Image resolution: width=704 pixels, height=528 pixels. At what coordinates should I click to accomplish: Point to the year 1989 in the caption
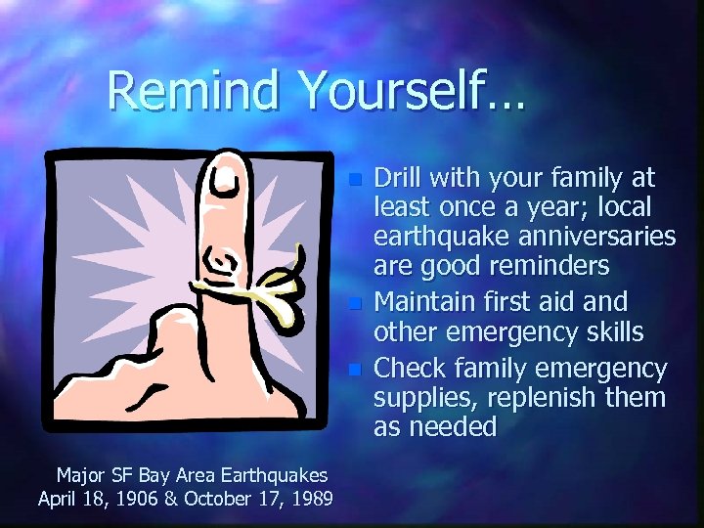[x=310, y=499]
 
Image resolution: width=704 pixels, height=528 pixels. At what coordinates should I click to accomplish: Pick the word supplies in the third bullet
[x=419, y=398]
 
